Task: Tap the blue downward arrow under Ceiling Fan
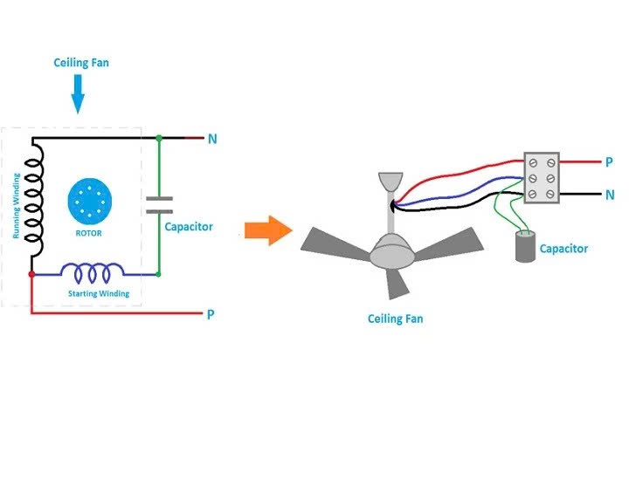point(79,95)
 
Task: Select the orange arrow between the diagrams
point(266,231)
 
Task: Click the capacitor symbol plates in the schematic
point(159,205)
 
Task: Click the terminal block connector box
point(541,179)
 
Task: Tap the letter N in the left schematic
point(212,139)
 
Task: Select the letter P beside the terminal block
point(608,162)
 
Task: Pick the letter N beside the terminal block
point(609,195)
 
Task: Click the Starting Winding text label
point(99,294)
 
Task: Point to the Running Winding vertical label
point(17,206)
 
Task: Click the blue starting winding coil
point(91,274)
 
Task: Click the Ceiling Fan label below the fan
point(395,319)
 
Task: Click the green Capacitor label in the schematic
point(189,227)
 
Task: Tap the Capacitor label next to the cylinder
point(563,249)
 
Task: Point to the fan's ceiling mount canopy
point(391,182)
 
